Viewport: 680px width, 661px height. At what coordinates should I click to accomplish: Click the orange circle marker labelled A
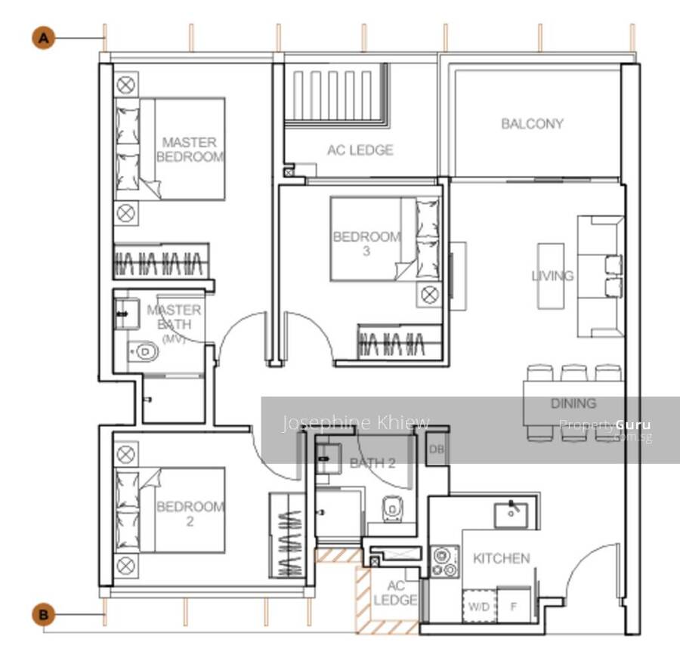tap(44, 39)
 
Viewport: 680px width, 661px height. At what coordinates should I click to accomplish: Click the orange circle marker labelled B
tap(44, 615)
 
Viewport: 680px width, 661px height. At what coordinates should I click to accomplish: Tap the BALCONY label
tap(532, 124)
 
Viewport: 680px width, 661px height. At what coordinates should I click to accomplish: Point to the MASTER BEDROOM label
tap(190, 150)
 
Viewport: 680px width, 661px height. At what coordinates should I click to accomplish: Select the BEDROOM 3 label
tap(366, 243)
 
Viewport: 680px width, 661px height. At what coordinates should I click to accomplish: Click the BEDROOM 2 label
tap(190, 514)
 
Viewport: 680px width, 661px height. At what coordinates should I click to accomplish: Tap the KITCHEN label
tap(502, 558)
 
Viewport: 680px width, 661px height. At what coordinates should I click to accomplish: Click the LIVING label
tap(552, 276)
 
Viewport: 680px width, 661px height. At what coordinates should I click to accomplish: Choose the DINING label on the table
tap(573, 403)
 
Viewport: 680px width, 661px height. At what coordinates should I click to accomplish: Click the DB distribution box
tap(436, 449)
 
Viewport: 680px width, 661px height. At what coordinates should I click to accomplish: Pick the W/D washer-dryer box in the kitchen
tap(479, 606)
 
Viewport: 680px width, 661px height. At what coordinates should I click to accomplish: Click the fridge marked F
tap(514, 606)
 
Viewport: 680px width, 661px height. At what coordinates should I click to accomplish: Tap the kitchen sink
tap(512, 515)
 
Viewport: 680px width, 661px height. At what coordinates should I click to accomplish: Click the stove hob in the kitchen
tap(445, 562)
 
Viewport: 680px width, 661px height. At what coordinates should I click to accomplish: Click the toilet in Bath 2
tap(393, 509)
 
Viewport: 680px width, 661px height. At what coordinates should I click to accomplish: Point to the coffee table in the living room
tap(551, 276)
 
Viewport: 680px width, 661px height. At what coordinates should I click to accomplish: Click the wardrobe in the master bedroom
tap(162, 261)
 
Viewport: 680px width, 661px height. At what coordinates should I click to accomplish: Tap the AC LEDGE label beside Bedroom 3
tap(360, 150)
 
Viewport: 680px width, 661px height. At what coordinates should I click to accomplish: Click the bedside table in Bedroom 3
tap(429, 295)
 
